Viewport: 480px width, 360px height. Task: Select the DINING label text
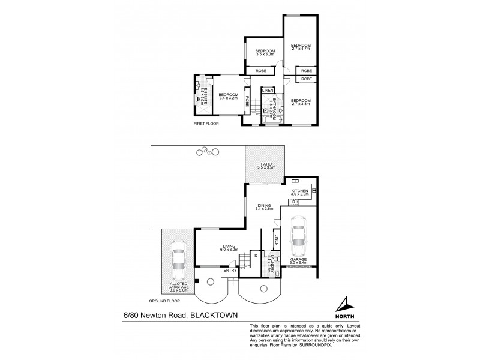coord(264,206)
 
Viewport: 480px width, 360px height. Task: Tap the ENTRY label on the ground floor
coord(230,271)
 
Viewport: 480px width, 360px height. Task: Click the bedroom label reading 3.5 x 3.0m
coord(265,53)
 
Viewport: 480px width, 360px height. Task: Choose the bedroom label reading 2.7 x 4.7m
coord(301,47)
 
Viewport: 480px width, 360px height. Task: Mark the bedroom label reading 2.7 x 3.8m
coord(301,102)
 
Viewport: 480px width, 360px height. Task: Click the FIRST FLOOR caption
coord(206,124)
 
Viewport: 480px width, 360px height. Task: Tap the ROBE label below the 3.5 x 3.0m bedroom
coord(262,71)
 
